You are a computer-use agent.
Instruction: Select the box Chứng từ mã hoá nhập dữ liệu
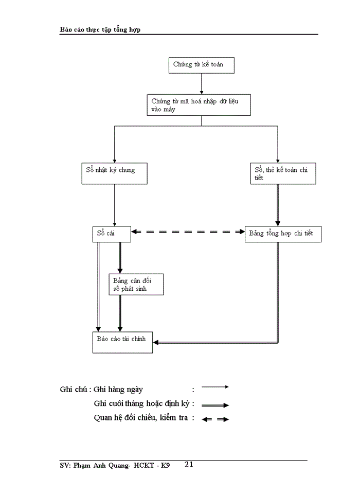tap(201, 105)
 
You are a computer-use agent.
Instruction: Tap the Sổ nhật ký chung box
tap(115, 173)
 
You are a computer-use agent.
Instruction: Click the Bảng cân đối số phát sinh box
tap(136, 284)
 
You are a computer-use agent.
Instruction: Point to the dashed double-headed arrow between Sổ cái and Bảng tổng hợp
tap(188, 232)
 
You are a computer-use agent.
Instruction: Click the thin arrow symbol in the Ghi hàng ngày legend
tap(214, 386)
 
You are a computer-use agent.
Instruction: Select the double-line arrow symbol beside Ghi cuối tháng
tap(214, 405)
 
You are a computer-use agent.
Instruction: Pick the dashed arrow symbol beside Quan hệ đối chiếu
tap(215, 419)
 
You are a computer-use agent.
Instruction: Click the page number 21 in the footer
tap(188, 465)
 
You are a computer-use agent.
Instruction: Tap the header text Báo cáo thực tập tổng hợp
tap(100, 29)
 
